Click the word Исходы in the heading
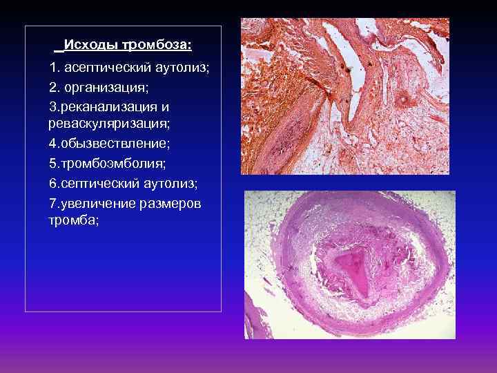[91, 46]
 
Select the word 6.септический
[94, 184]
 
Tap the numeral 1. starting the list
[55, 69]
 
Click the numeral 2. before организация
[55, 88]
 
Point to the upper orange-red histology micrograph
[344, 96]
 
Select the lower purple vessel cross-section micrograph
[350, 265]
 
